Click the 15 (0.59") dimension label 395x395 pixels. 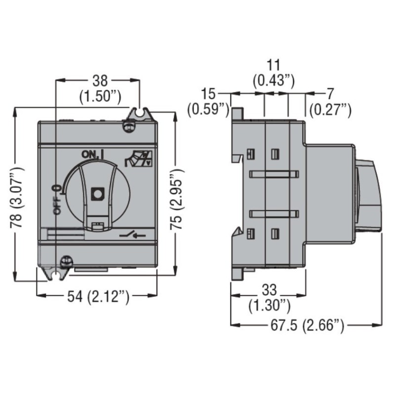(x=208, y=101)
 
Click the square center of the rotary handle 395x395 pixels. (x=98, y=193)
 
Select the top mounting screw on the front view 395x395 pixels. (x=129, y=126)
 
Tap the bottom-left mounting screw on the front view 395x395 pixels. (x=64, y=260)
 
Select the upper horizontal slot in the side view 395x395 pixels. (x=275, y=174)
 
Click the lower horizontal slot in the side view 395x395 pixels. (x=275, y=214)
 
